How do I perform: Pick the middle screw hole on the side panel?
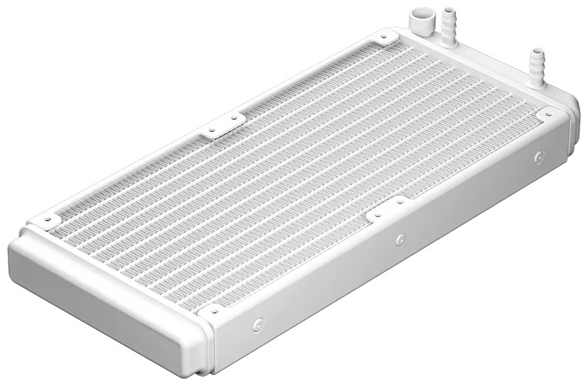click(400, 239)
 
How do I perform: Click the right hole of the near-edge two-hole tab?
click(399, 202)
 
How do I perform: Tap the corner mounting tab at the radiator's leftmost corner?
click(44, 219)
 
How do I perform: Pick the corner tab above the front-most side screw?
click(213, 309)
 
